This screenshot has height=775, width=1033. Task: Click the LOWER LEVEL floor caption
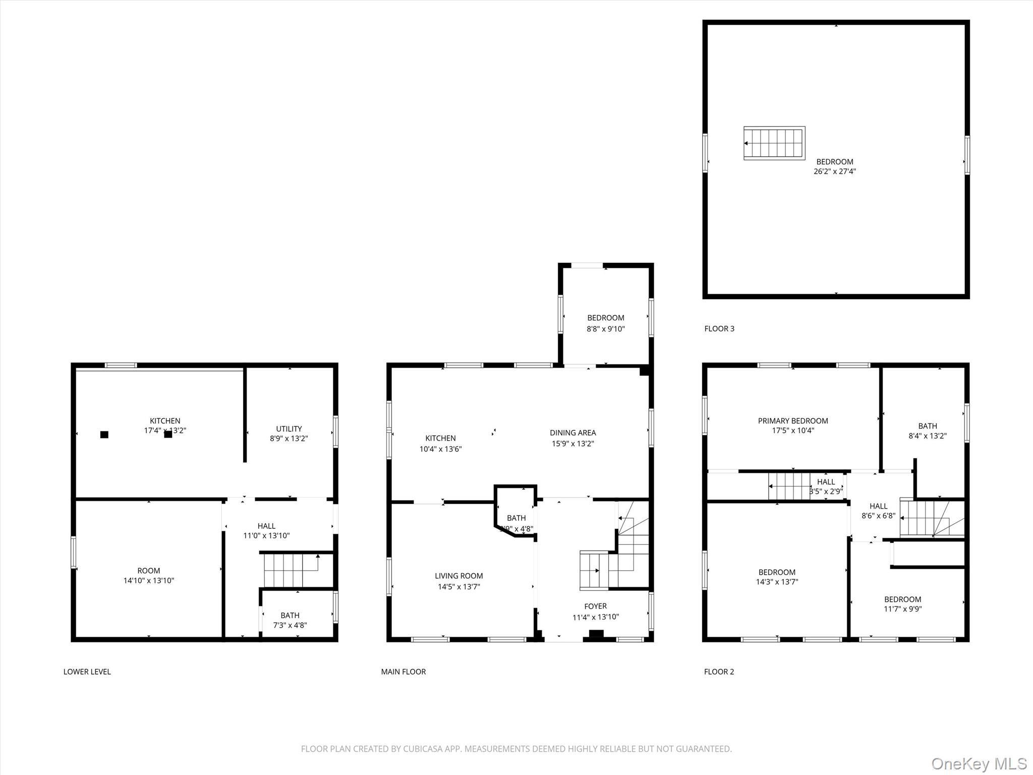click(87, 672)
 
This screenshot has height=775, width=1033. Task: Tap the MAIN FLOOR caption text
click(403, 672)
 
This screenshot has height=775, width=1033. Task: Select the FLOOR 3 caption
click(719, 328)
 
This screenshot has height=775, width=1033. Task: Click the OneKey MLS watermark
click(979, 763)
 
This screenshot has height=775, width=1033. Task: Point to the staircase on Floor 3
click(774, 143)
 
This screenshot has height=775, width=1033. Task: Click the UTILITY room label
click(289, 429)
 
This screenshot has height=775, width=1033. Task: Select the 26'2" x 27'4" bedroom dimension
click(834, 172)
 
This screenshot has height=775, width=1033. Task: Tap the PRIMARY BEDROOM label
click(792, 421)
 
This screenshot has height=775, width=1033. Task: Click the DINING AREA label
click(572, 432)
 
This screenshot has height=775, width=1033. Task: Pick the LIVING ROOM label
click(458, 576)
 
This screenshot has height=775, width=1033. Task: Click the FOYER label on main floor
click(595, 606)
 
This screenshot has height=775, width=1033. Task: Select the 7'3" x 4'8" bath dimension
click(290, 625)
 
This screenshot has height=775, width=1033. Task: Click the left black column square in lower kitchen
click(104, 434)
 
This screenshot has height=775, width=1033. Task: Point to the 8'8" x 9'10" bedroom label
click(605, 328)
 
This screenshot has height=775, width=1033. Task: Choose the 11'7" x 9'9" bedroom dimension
click(902, 608)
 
